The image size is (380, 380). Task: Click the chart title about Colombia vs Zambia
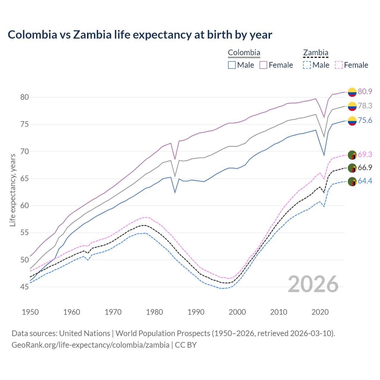140,35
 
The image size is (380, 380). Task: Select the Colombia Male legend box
232,65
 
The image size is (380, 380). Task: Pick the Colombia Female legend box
263,65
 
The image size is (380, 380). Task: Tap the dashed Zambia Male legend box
307,65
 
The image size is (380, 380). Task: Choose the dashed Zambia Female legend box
339,65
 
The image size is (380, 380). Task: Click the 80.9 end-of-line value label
365,91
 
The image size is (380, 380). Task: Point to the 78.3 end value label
365,106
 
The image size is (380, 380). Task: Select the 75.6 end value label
365,120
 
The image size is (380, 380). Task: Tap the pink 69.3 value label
365,154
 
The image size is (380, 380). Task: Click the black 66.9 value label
365,167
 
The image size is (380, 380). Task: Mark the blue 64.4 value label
365,181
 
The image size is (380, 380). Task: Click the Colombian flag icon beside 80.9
352,92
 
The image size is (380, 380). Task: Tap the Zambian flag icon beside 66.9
352,168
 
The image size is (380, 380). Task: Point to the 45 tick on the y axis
24,287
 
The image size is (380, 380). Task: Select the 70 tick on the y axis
24,151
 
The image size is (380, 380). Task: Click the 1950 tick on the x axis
30,312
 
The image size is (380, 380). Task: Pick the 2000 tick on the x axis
237,312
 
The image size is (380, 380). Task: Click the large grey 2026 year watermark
313,284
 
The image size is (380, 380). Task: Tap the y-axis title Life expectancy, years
12,190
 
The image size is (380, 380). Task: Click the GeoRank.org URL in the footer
91,345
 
